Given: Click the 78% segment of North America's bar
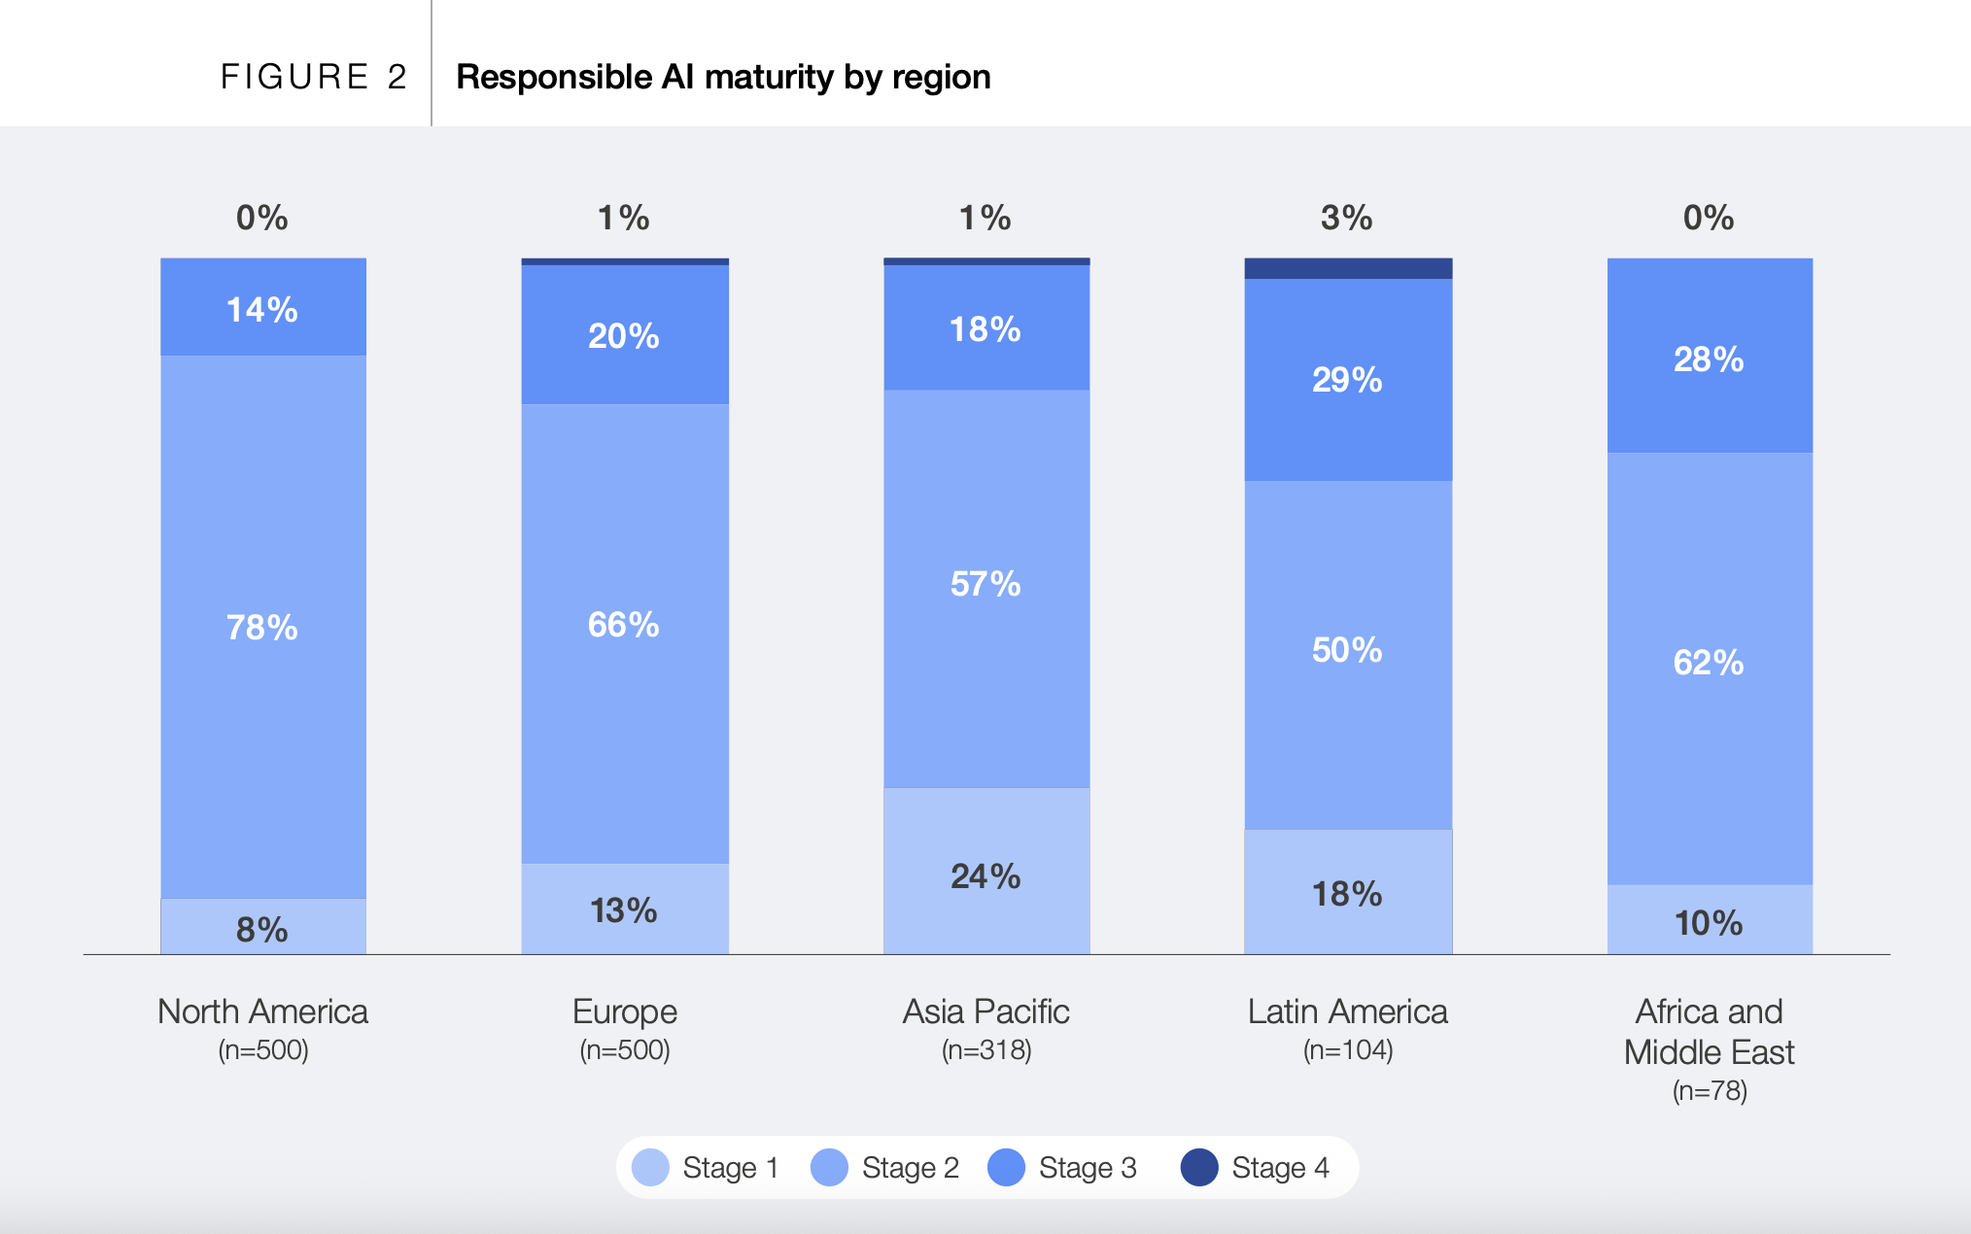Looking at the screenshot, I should pos(262,627).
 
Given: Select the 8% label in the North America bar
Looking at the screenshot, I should pos(262,930).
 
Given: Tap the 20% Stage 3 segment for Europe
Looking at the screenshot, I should pos(624,335).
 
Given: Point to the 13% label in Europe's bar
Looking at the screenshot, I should pos(624,910).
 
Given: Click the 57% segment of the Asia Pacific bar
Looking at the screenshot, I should pos(985,584).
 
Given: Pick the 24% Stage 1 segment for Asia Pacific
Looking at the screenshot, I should pos(985,875).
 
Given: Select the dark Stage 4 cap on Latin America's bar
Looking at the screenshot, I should pos(1348,268).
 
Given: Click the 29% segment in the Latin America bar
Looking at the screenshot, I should pos(1347,379).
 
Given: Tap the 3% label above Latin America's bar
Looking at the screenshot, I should pos(1346,218).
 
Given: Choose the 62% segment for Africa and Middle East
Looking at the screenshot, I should pos(1709,663).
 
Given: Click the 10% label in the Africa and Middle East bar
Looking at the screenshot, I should pos(1709,922).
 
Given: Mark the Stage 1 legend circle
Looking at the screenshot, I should pos(650,1167).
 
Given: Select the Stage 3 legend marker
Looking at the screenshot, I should pos(1006,1167).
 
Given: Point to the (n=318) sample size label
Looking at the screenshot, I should pos(985,1050).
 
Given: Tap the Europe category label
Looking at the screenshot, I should pos(624,1011).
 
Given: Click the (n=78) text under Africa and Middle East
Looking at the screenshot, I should pos(1709,1091).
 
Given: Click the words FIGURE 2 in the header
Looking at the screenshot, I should pos(313,77).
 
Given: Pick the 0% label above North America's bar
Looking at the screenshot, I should pos(262,218).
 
